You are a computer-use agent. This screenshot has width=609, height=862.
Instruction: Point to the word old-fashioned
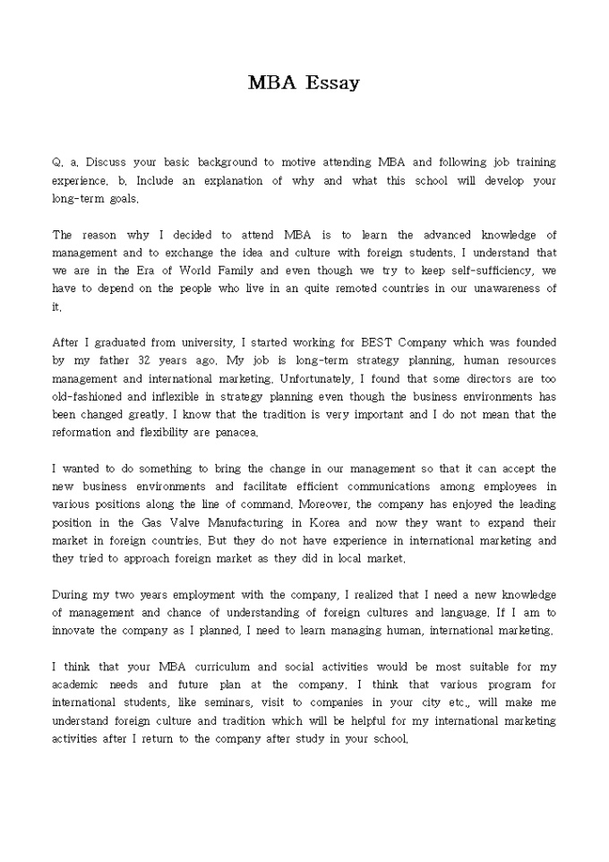pyautogui.click(x=85, y=396)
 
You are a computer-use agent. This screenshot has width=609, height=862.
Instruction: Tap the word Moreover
pyautogui.click(x=332, y=504)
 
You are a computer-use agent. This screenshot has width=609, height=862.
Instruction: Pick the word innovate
pyautogui.click(x=75, y=630)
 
